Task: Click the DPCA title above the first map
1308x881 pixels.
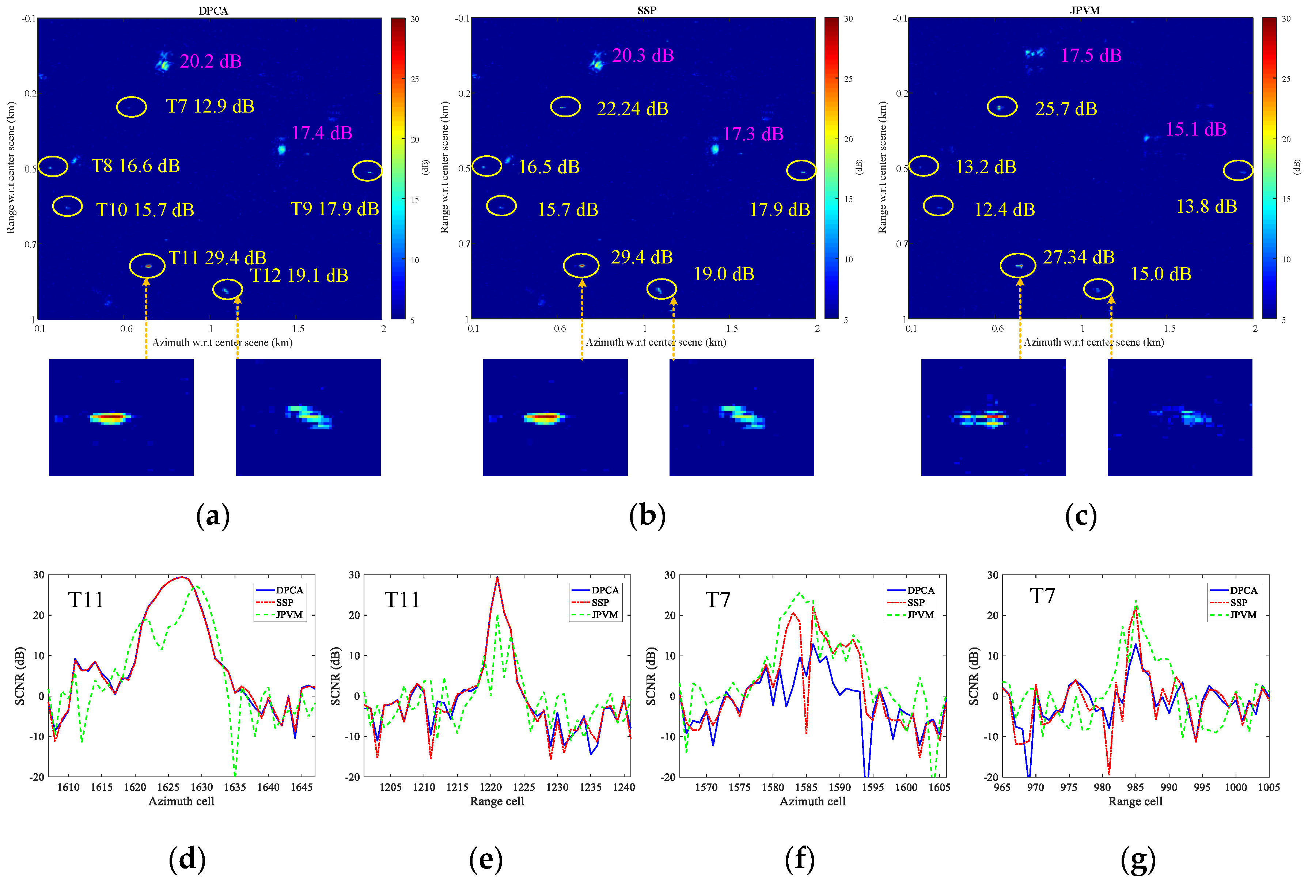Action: click(213, 11)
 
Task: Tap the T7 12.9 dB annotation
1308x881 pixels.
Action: click(210, 106)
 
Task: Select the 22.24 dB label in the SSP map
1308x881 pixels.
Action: click(632, 109)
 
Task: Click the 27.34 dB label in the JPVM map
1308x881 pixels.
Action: click(1078, 257)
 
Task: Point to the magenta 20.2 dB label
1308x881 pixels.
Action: click(211, 61)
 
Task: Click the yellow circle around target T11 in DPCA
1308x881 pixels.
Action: click(147, 266)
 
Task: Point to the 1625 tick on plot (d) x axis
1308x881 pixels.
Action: click(168, 787)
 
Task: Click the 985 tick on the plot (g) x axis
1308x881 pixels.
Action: click(1135, 787)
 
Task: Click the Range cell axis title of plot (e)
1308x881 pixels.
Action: click(497, 801)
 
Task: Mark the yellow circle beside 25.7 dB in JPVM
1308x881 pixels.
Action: click(1002, 106)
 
